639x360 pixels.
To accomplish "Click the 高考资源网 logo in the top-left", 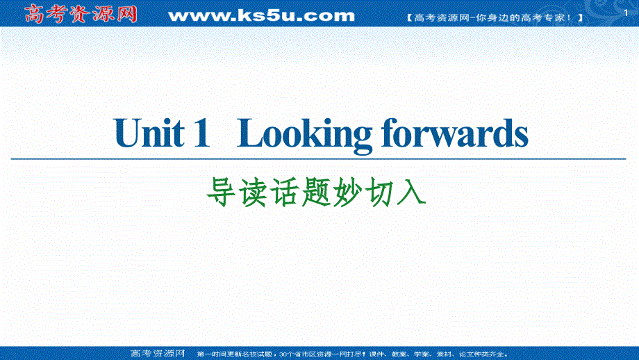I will (x=81, y=13).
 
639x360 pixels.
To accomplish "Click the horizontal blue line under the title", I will (x=319, y=159).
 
